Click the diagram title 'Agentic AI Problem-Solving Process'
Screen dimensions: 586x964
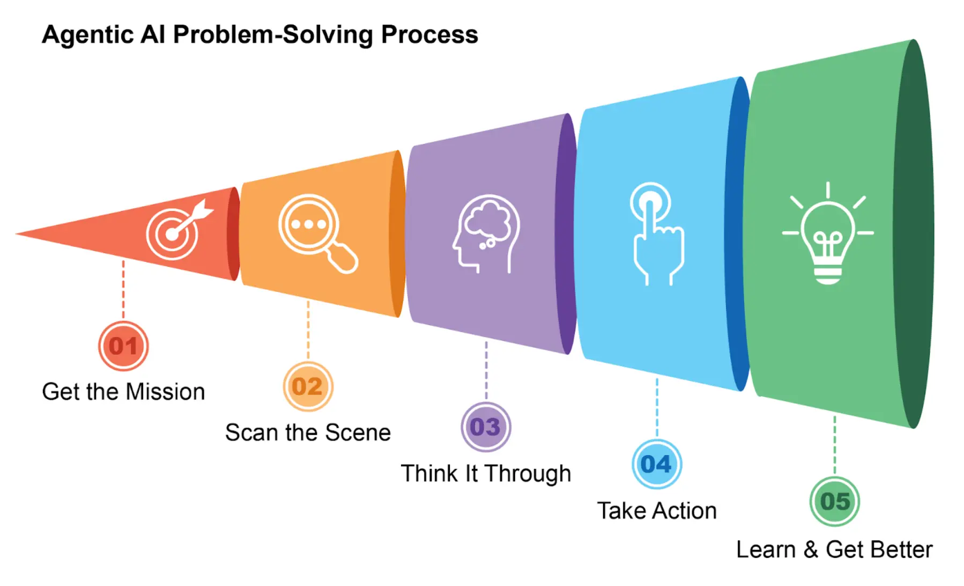click(x=259, y=35)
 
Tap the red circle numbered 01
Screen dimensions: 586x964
click(x=123, y=346)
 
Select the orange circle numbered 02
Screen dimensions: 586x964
click(x=308, y=386)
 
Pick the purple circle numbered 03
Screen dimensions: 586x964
click(x=486, y=427)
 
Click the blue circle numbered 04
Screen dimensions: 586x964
click(x=657, y=464)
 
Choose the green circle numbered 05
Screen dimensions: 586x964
click(x=835, y=502)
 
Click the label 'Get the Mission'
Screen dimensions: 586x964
click(x=123, y=392)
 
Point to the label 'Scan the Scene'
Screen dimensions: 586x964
click(x=308, y=433)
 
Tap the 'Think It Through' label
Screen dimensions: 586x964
click(x=486, y=473)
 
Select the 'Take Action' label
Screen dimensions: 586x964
click(x=657, y=511)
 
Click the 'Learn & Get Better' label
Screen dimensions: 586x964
click(x=834, y=550)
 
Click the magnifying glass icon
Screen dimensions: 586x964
click(x=316, y=232)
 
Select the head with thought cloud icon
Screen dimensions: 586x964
click(x=486, y=233)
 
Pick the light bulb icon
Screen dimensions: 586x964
click(x=828, y=233)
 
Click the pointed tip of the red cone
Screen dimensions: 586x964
click(x=19, y=234)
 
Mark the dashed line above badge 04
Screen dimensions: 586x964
click(x=657, y=408)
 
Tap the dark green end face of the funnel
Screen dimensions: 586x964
click(x=915, y=233)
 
